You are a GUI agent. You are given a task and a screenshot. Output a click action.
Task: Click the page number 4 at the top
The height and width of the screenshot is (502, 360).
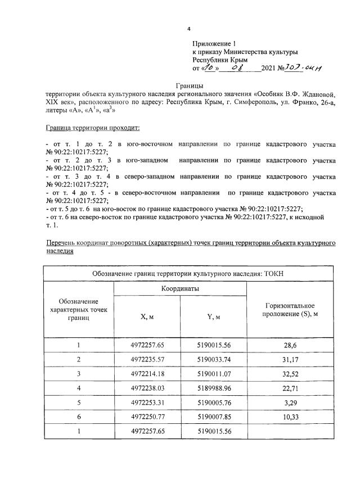(189, 29)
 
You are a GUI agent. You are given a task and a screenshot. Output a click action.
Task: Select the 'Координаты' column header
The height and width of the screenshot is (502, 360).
(180, 288)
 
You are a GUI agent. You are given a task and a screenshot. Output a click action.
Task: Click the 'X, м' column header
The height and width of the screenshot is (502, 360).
(147, 317)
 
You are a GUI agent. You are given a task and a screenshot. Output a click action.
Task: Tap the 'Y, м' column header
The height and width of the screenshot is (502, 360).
(214, 317)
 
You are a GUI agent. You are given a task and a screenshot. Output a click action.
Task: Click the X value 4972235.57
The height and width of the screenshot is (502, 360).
(147, 359)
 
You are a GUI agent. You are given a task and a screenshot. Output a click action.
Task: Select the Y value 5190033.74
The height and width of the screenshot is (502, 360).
(214, 359)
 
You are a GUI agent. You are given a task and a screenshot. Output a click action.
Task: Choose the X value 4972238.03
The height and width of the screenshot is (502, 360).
(147, 388)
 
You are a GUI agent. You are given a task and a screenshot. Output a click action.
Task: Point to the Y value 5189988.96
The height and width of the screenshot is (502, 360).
(214, 388)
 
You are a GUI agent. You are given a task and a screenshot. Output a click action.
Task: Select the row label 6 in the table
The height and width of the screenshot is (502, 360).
(79, 417)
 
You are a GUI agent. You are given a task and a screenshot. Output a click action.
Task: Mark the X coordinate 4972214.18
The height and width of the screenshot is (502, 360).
(147, 374)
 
